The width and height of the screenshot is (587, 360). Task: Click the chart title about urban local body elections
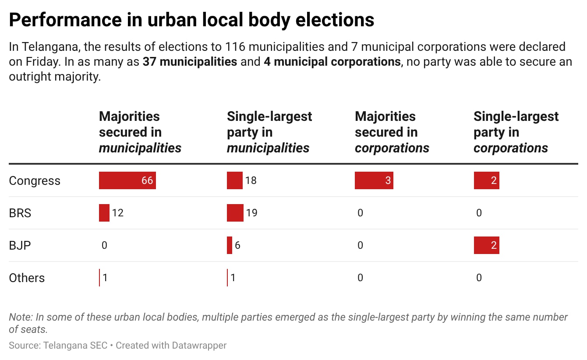pyautogui.click(x=191, y=20)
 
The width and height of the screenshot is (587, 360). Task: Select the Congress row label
pyautogui.click(x=35, y=181)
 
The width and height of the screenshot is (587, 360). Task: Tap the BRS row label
pyautogui.click(x=20, y=213)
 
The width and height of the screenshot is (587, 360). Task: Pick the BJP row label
pyautogui.click(x=20, y=245)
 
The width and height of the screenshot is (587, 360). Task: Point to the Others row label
pyautogui.click(x=27, y=278)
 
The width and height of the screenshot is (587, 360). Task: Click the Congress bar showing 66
pyautogui.click(x=127, y=180)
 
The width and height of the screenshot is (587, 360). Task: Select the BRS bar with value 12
pyautogui.click(x=104, y=213)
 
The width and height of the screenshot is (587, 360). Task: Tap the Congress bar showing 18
pyautogui.click(x=234, y=180)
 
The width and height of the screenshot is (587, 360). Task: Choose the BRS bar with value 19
pyautogui.click(x=235, y=213)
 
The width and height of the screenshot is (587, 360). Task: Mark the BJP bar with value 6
pyautogui.click(x=230, y=245)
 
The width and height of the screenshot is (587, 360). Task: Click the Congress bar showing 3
pyautogui.click(x=374, y=180)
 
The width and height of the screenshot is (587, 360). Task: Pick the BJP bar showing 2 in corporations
pyautogui.click(x=486, y=245)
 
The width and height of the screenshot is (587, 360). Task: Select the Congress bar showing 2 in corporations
pyautogui.click(x=486, y=180)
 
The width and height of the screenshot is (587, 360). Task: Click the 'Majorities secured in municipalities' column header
pyautogui.click(x=140, y=132)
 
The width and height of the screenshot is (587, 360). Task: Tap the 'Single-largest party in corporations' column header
pyautogui.click(x=516, y=132)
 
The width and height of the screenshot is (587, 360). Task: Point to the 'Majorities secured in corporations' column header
pyautogui.click(x=392, y=132)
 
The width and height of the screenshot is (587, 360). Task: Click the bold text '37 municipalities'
pyautogui.click(x=190, y=62)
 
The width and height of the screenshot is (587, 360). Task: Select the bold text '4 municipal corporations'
pyautogui.click(x=332, y=62)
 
